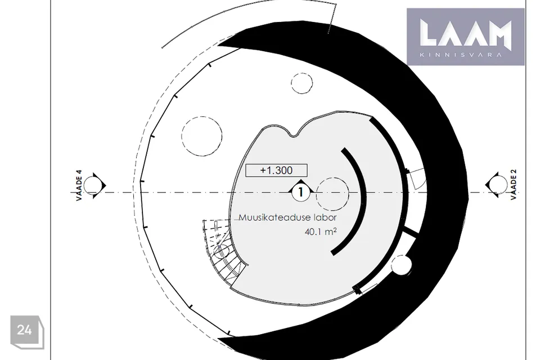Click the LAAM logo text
(x=465, y=33)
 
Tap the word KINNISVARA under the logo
(x=461, y=55)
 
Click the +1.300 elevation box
(x=276, y=170)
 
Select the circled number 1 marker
(x=301, y=192)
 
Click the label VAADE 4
(x=79, y=185)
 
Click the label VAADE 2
(x=514, y=184)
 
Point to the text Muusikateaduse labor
(x=287, y=218)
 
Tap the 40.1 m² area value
(x=321, y=232)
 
